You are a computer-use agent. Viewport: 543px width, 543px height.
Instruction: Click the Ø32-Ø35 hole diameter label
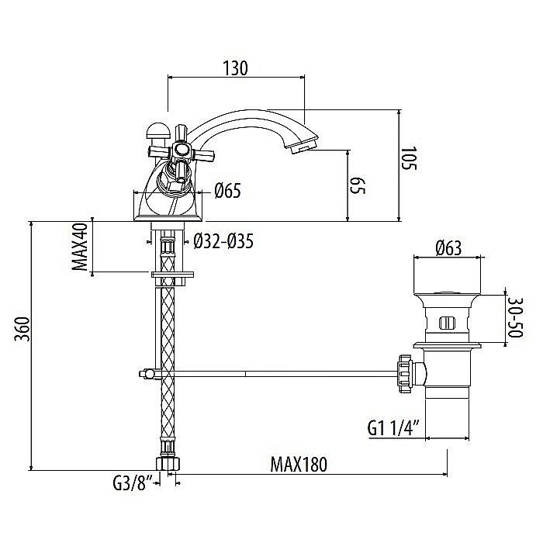click(223, 241)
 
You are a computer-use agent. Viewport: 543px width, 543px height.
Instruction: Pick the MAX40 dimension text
click(79, 247)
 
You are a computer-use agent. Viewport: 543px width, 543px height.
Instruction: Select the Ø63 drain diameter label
click(448, 249)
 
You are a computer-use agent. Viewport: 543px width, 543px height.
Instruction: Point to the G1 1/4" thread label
click(394, 426)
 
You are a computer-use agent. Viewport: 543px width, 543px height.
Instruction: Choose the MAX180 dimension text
click(299, 465)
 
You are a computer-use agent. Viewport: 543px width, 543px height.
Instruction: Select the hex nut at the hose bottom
click(168, 462)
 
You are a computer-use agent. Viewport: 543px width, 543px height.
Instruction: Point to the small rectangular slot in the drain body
click(448, 322)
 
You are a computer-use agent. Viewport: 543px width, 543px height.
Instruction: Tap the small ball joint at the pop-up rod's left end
click(144, 374)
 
